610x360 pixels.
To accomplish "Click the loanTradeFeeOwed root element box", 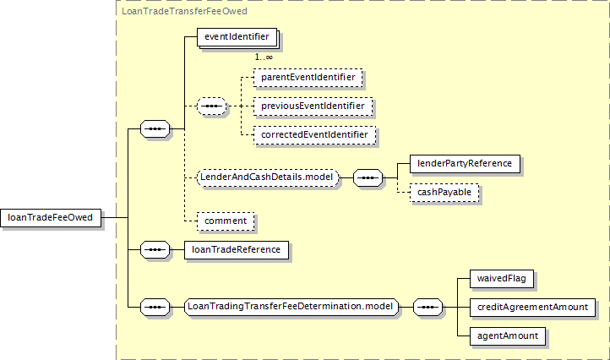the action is pyautogui.click(x=51, y=217).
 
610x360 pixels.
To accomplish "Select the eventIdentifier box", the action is pyautogui.click(x=237, y=37).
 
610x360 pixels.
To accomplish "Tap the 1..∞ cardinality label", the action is pyautogui.click(x=264, y=57).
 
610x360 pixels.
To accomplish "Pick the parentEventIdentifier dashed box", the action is pyautogui.click(x=308, y=78).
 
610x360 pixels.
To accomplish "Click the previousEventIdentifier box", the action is pyautogui.click(x=313, y=106).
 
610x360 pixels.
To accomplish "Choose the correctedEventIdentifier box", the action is pyautogui.click(x=315, y=135).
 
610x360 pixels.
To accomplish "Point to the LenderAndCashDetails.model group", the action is pyautogui.click(x=268, y=177).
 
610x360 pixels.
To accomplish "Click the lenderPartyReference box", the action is pyautogui.click(x=465, y=163).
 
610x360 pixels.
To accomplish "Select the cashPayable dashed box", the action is pyautogui.click(x=444, y=193).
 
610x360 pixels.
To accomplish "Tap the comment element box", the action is pyautogui.click(x=226, y=221).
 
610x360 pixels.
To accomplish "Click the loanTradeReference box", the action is pyautogui.click(x=237, y=250).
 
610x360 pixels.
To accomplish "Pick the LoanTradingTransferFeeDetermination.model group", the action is pyautogui.click(x=291, y=307).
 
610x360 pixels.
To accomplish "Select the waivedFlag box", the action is pyautogui.click(x=502, y=279).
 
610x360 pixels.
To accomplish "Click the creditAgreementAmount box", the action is pyautogui.click(x=532, y=308).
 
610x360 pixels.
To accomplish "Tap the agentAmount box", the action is pyautogui.click(x=508, y=336).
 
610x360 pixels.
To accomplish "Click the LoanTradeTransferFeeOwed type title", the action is pyautogui.click(x=185, y=11).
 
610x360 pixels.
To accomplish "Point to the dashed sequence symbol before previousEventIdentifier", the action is pyautogui.click(x=211, y=106).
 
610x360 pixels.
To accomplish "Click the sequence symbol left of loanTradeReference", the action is pyautogui.click(x=155, y=250).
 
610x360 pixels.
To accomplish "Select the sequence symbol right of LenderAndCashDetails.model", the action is pyautogui.click(x=368, y=177).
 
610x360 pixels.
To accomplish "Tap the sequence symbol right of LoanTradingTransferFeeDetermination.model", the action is pyautogui.click(x=428, y=307).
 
